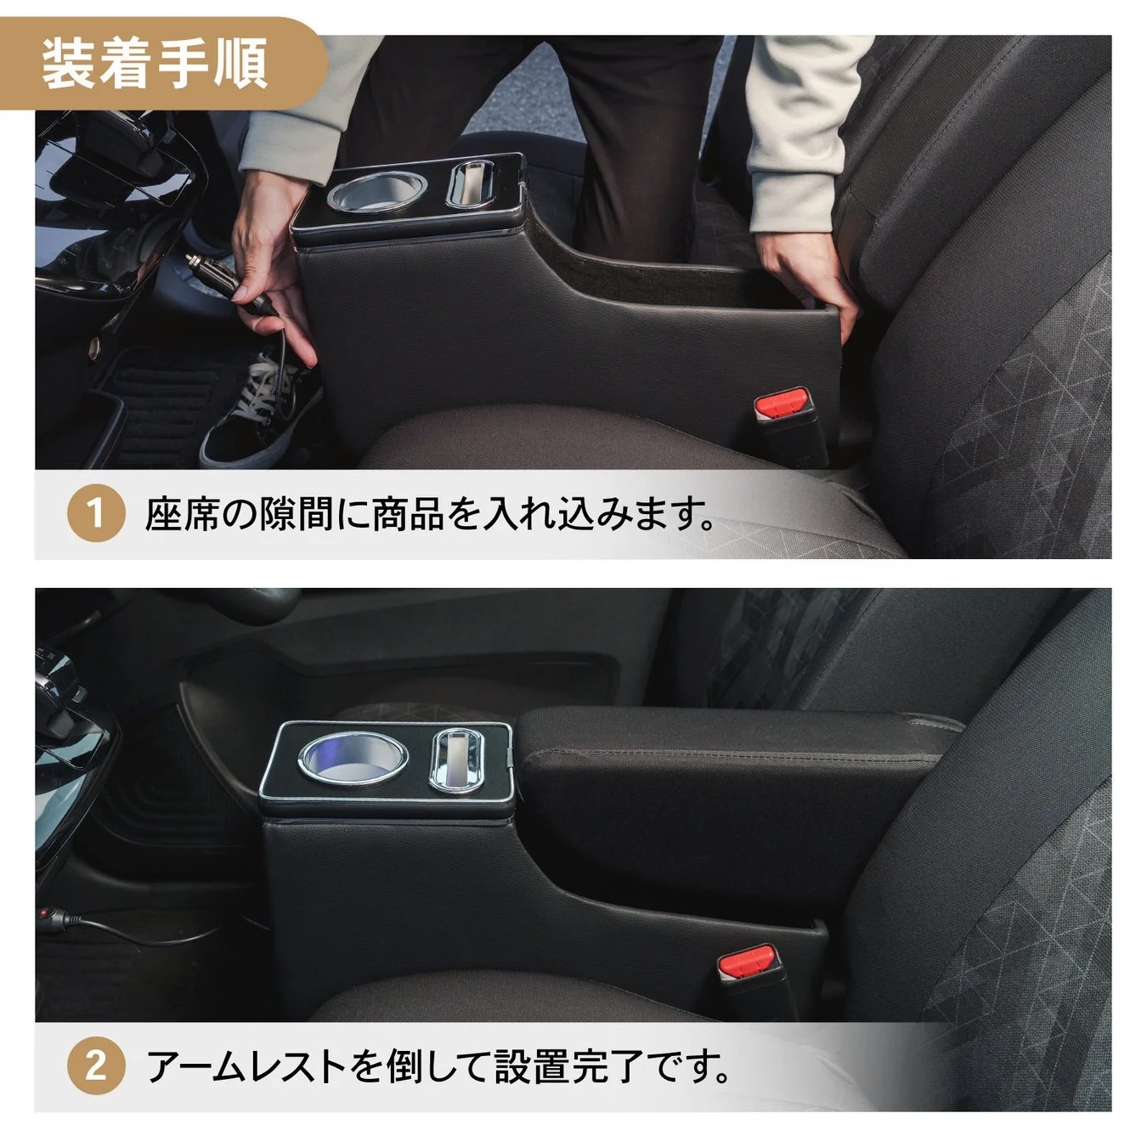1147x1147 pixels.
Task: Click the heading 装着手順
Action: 155,64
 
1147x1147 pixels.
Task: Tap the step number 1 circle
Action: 95,513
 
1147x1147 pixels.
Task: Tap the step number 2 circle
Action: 95,1065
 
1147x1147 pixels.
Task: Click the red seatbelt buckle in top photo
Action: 783,403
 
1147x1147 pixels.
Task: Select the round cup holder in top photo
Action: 376,190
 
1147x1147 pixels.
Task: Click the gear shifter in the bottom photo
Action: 64,705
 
